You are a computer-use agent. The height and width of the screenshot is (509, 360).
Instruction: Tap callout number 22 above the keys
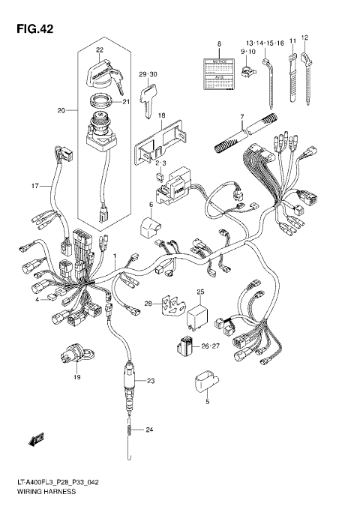click(x=98, y=50)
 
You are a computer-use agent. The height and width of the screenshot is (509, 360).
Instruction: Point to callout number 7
click(x=241, y=117)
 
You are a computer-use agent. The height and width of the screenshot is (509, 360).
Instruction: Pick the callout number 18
click(x=161, y=115)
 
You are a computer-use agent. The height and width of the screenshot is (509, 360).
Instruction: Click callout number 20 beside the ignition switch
click(x=61, y=110)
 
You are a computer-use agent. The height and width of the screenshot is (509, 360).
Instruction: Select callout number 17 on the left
click(x=34, y=185)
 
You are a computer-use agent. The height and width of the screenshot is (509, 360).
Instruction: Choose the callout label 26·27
click(x=210, y=346)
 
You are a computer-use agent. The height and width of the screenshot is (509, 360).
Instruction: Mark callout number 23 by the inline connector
click(x=150, y=382)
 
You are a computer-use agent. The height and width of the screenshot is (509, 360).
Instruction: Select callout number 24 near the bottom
click(x=149, y=430)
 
